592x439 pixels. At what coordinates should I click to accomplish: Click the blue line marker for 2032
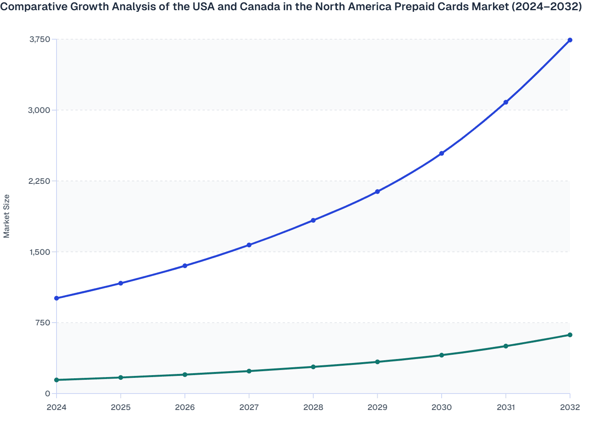point(570,40)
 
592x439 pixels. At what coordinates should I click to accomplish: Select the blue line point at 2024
point(57,298)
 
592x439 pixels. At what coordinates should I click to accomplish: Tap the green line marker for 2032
point(570,335)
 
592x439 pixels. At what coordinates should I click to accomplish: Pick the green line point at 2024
point(57,380)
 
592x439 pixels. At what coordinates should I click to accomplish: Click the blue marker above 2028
point(313,220)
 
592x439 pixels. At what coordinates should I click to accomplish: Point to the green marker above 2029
point(377,362)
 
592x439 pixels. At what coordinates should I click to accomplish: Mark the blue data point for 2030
point(442,153)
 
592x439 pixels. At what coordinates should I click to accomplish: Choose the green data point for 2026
point(185,375)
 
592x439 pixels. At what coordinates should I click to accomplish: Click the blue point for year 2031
point(506,102)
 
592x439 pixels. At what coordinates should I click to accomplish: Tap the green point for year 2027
point(249,371)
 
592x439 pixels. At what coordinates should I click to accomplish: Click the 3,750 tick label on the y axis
point(39,39)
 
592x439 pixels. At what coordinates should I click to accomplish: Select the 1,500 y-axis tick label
point(39,252)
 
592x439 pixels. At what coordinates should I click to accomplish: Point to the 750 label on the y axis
point(42,323)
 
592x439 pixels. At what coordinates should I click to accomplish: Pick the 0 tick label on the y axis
point(48,394)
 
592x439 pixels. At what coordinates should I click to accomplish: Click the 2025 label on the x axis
point(121,407)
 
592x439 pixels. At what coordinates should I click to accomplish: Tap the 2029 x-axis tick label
point(377,407)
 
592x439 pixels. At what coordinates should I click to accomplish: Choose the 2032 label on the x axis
point(570,407)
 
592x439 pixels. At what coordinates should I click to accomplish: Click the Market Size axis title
point(7,216)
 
